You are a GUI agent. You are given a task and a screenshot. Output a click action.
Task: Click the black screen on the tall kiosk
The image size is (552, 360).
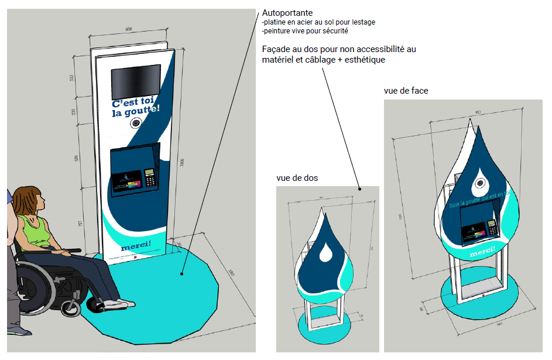click(x=136, y=81)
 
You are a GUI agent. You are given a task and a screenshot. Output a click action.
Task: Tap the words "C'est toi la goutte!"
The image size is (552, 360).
click(x=135, y=108)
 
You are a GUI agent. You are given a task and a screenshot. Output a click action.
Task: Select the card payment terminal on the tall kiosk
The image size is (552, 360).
click(x=150, y=177)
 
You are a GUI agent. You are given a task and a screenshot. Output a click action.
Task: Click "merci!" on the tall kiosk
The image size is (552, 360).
click(x=135, y=243)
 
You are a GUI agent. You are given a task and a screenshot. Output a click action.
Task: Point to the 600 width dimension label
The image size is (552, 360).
click(x=128, y=29)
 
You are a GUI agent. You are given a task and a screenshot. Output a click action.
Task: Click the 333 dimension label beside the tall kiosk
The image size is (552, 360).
click(x=72, y=78)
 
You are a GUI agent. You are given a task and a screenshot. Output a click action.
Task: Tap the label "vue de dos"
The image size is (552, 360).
click(x=297, y=178)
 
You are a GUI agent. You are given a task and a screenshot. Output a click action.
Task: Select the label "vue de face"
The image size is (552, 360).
click(x=406, y=91)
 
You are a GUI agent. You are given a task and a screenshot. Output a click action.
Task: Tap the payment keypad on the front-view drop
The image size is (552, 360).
click(x=492, y=228)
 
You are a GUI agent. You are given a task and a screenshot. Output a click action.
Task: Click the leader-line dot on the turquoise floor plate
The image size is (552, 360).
click(x=182, y=273)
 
